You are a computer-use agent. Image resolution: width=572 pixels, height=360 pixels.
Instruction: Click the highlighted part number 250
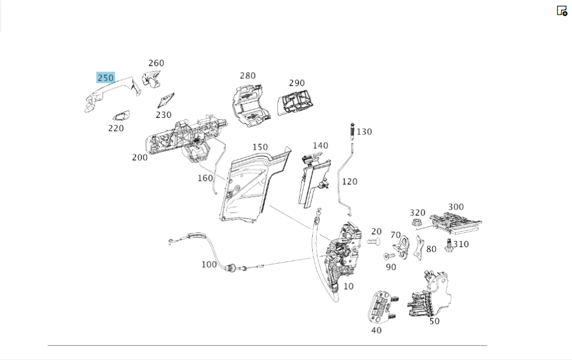tap(106, 78)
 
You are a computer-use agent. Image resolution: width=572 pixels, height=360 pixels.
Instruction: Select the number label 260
tap(156, 64)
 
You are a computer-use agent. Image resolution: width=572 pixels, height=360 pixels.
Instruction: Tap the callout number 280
tap(248, 76)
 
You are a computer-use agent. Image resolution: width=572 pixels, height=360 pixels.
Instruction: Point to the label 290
tap(297, 84)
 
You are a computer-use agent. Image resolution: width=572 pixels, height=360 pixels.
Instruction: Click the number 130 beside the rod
tap(364, 132)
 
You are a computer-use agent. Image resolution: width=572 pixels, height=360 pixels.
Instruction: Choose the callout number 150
tap(260, 147)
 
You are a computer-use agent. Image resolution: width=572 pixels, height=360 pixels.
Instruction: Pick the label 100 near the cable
tap(209, 264)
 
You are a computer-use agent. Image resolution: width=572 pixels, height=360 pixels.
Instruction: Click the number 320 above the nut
tap(418, 213)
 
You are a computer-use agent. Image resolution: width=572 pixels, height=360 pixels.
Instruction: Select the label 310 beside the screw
tap(460, 244)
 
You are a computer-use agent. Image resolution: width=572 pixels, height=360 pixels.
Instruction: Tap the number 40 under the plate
tap(376, 330)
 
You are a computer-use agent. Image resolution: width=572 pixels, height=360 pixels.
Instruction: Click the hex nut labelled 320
tap(417, 221)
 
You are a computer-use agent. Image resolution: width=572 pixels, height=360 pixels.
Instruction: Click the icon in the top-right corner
tap(562, 10)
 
